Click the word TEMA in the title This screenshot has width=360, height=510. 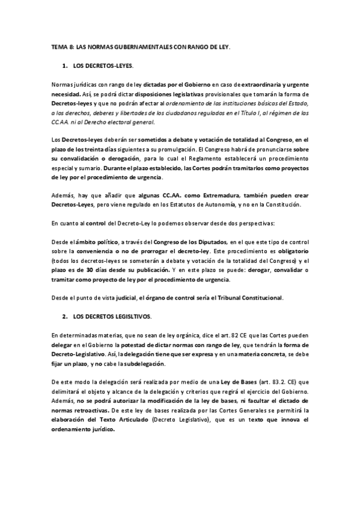(x=59, y=46)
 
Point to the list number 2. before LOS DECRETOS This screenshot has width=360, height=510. (x=64, y=316)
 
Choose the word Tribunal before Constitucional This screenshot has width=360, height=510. (x=236, y=298)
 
